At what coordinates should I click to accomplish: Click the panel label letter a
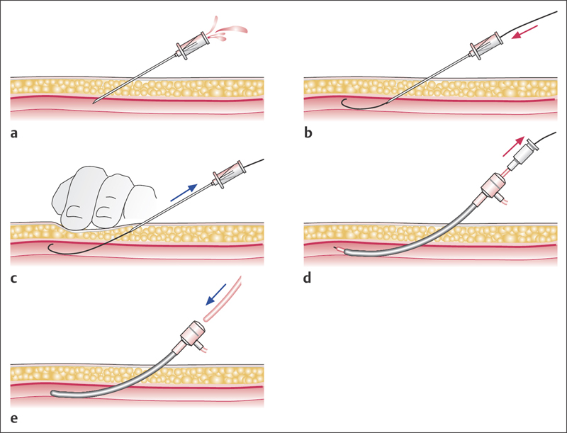15,132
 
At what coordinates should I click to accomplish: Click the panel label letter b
308,132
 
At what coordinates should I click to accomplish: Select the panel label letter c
15,277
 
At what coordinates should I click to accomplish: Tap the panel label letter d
308,277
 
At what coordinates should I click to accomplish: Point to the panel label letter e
15,418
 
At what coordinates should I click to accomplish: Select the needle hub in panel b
482,45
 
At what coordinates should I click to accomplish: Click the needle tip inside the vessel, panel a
96,103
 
